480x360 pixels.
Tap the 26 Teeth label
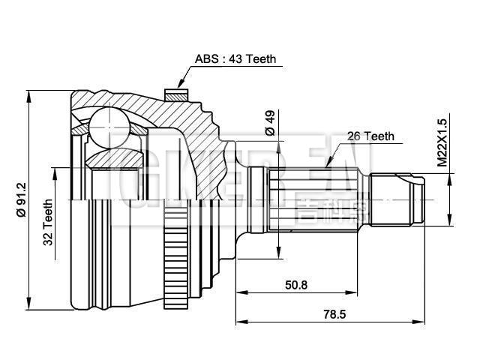pyautogui.click(x=370, y=136)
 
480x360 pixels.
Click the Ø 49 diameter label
pyautogui.click(x=270, y=123)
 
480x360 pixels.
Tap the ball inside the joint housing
pyautogui.click(x=108, y=124)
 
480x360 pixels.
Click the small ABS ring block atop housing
pyautogui.click(x=175, y=94)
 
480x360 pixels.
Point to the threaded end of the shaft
pyautogui.click(x=397, y=199)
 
